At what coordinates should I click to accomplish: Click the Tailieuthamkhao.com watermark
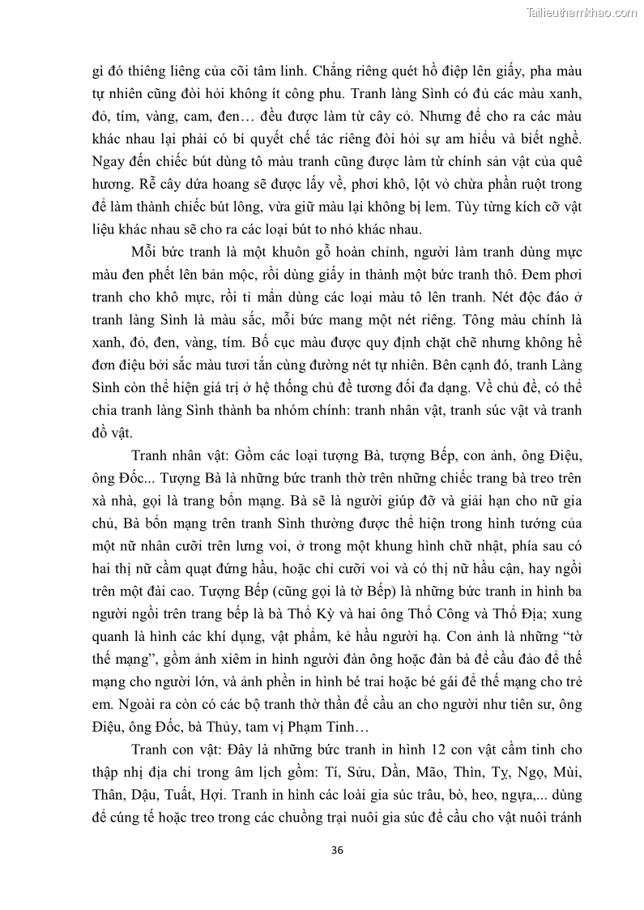tap(582, 12)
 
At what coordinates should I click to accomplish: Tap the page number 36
tap(339, 851)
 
